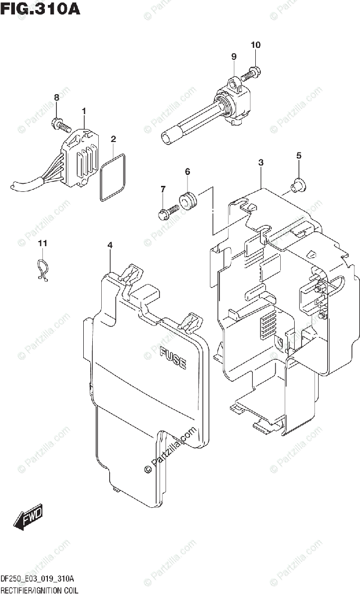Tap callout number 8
56,97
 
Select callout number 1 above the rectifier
84,110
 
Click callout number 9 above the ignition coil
233,57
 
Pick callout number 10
255,45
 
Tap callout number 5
299,155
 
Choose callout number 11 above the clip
43,243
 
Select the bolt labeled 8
59,123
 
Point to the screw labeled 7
168,211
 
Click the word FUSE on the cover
173,358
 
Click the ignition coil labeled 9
199,115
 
